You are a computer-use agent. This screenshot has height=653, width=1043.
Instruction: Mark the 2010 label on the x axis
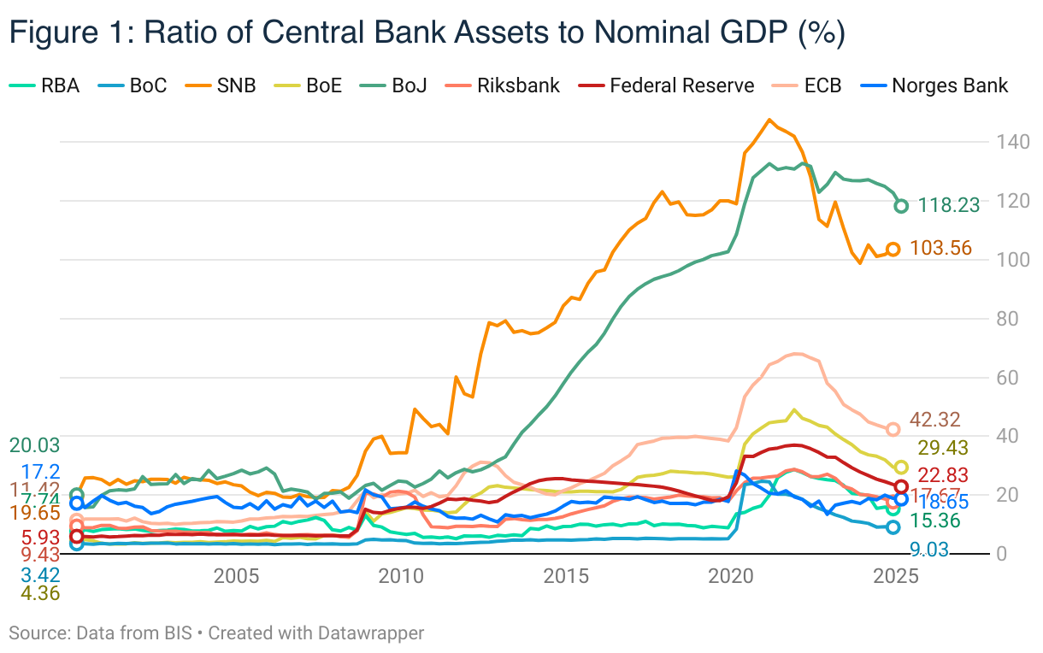(401, 574)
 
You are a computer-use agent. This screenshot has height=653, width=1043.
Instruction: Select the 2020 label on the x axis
(731, 574)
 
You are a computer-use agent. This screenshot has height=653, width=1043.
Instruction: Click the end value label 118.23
(949, 205)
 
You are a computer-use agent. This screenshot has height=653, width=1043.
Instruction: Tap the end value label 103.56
(941, 249)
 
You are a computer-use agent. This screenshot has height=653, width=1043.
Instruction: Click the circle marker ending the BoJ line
(901, 206)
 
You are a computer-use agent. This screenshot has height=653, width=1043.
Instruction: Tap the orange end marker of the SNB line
(893, 249)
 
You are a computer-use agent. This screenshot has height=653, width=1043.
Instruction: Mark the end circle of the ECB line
(893, 429)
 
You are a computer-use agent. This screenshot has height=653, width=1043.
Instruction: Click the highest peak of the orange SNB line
(769, 120)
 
